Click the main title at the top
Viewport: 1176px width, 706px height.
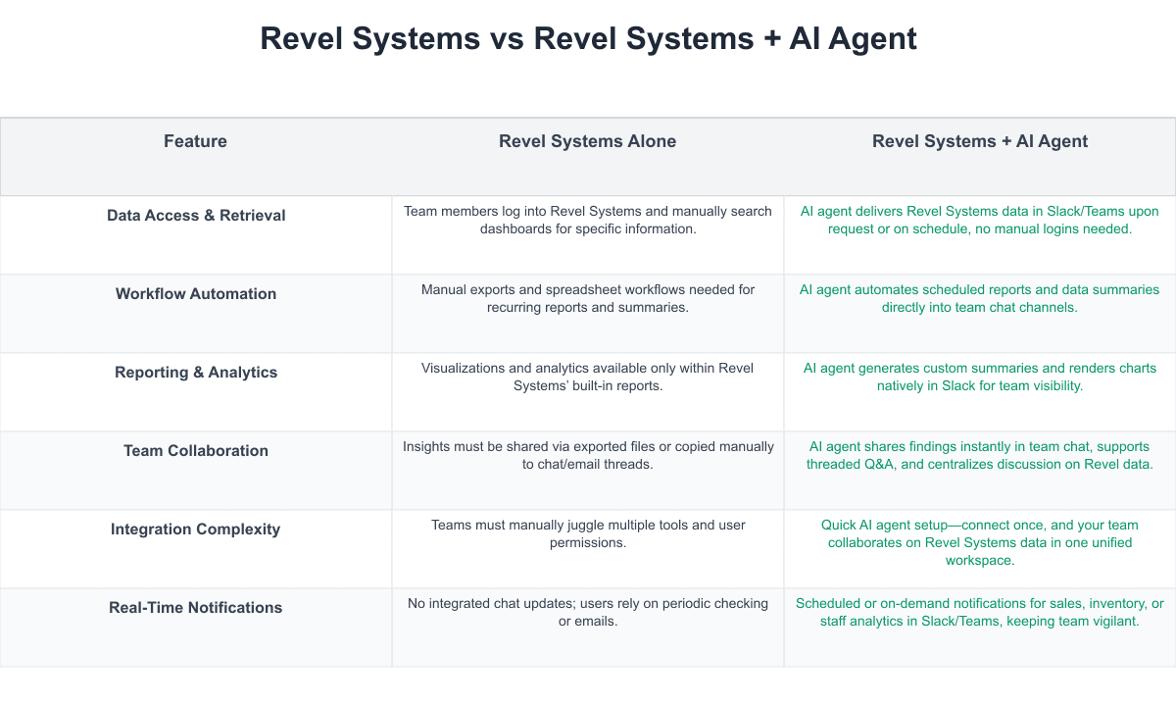pos(588,38)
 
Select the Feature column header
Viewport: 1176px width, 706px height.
pos(195,141)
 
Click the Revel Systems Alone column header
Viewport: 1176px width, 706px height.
pos(587,141)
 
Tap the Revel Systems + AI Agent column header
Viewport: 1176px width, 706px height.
pos(980,141)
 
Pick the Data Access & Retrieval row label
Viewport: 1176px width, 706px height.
pos(196,215)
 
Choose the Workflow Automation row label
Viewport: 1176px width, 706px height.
pos(196,293)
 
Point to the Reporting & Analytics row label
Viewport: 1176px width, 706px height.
pos(196,372)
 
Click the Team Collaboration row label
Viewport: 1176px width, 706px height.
pos(196,450)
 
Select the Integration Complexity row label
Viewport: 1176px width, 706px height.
pos(196,529)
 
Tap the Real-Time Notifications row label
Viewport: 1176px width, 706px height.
pos(196,607)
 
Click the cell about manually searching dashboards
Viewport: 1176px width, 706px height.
pos(588,220)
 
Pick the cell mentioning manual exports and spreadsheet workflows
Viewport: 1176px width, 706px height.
pos(588,298)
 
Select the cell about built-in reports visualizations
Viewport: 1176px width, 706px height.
pos(588,377)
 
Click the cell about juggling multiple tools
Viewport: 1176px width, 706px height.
pos(588,533)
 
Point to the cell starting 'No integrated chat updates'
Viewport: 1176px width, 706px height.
pos(588,612)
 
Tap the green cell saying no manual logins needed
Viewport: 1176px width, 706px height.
pos(980,220)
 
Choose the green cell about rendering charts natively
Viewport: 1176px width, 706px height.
pos(980,377)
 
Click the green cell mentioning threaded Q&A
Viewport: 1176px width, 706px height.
pos(980,455)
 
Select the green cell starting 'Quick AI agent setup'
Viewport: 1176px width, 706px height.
pos(980,542)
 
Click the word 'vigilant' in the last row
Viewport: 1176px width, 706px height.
pos(1112,621)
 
